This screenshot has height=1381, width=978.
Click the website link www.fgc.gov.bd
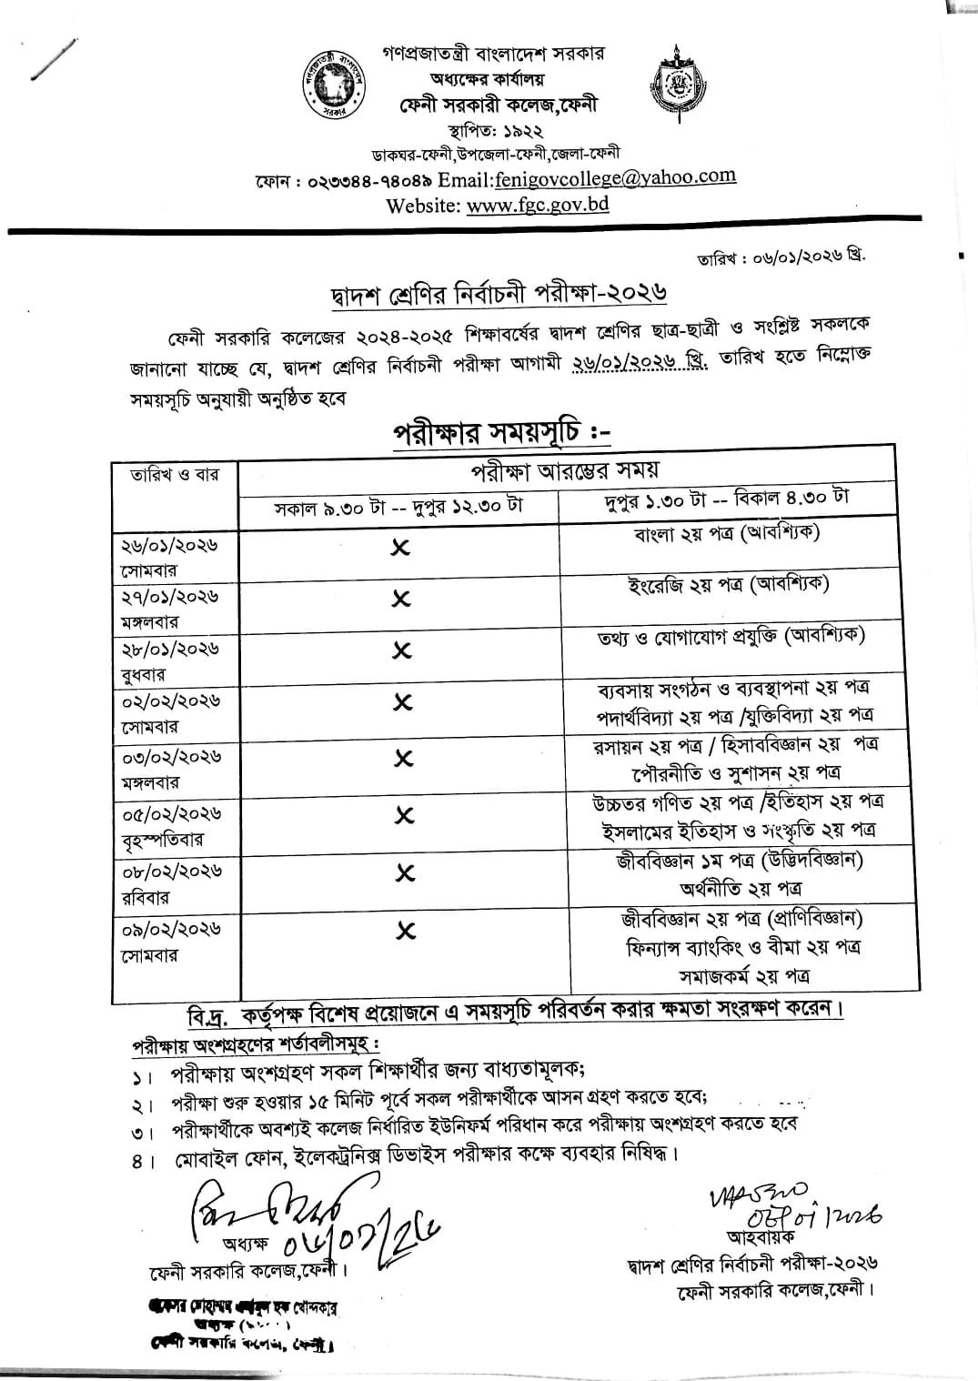coord(538,204)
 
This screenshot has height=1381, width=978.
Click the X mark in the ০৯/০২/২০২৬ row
coord(405,930)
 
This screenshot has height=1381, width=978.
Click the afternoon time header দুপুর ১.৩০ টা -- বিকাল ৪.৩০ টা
coord(727,499)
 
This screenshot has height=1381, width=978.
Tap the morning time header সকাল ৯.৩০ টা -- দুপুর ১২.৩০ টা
coord(400,506)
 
